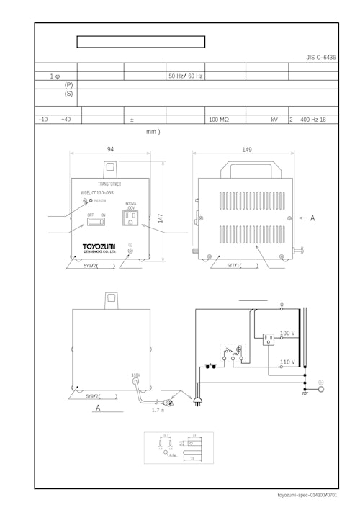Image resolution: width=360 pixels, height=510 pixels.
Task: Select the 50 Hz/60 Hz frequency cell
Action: tap(186, 76)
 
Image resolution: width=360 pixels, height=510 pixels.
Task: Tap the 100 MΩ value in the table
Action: tap(218, 120)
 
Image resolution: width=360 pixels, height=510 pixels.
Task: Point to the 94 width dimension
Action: tap(110, 149)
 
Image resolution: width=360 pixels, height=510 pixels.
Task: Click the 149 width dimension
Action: tap(246, 150)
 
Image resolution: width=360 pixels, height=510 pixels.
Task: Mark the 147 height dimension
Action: tap(161, 217)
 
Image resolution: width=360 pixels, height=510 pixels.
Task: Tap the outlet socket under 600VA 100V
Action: tap(131, 217)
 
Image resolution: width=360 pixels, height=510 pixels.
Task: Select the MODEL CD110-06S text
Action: tap(100, 193)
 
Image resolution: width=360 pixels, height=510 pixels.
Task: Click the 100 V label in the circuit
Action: tap(287, 334)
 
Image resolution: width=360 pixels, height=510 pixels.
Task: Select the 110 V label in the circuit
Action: tap(287, 362)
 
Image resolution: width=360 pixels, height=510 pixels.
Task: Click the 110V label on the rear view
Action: tap(135, 375)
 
